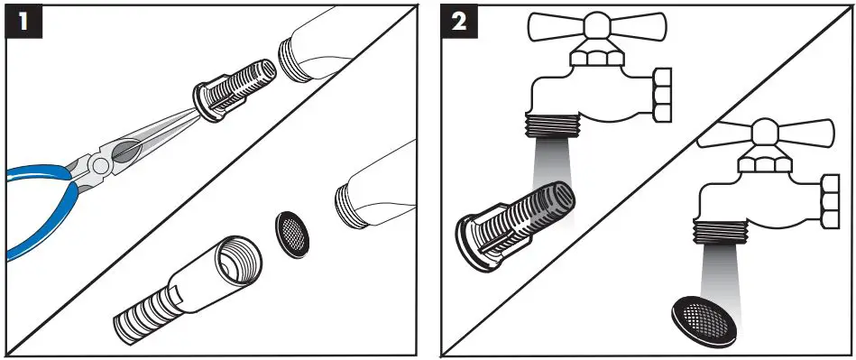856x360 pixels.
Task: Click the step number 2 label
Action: click(460, 23)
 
